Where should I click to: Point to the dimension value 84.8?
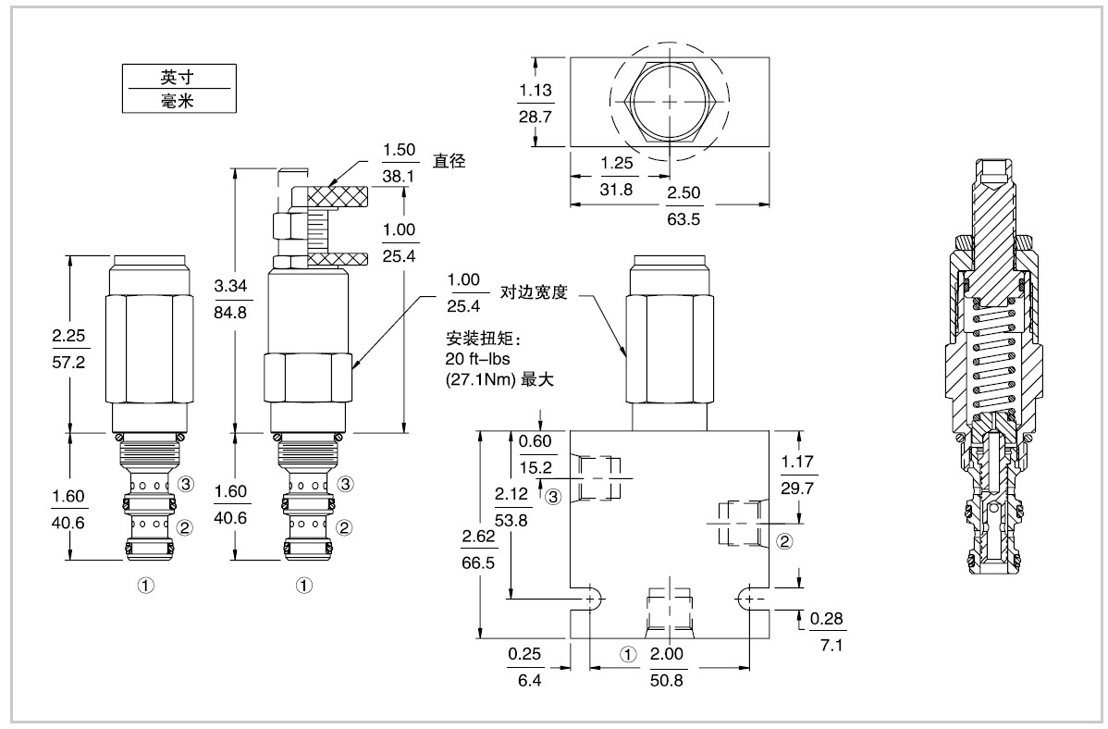point(230,312)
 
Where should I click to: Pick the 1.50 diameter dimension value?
point(400,151)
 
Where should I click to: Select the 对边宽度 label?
point(533,293)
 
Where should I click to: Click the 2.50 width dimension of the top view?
point(684,192)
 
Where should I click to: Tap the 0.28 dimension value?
point(826,619)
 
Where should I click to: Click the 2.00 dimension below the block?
point(668,653)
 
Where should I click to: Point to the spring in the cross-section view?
point(994,356)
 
